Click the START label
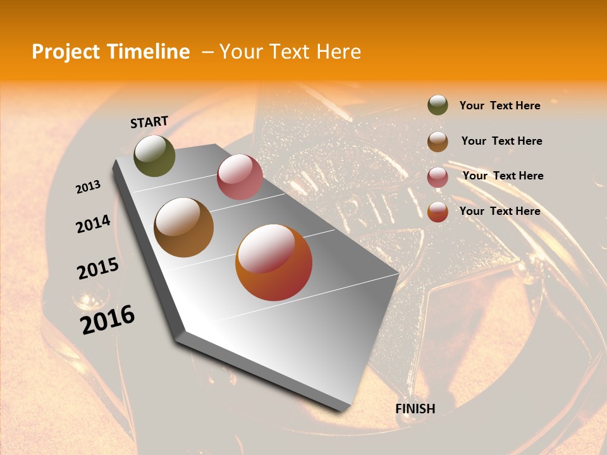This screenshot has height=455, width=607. (x=149, y=122)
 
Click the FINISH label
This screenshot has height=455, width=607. (x=415, y=408)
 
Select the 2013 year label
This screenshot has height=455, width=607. (x=88, y=187)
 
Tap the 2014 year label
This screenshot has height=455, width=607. (x=93, y=224)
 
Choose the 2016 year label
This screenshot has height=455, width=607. (x=107, y=320)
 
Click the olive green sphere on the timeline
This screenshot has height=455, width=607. (x=154, y=155)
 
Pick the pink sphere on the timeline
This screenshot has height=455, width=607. (x=240, y=177)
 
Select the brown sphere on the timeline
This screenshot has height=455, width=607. (x=183, y=227)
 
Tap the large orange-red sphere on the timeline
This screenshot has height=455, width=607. (x=274, y=262)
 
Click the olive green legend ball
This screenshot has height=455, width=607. (x=438, y=105)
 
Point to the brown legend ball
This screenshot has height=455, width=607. (x=438, y=142)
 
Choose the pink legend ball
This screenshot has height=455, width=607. (x=438, y=176)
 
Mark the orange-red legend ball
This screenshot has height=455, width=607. (x=438, y=212)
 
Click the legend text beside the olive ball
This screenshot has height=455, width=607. (x=500, y=106)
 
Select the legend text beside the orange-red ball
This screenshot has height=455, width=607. (x=500, y=211)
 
